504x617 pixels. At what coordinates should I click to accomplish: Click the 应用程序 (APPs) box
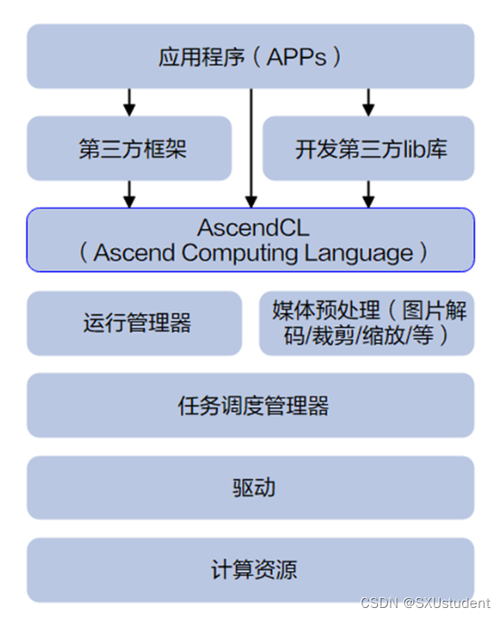click(250, 56)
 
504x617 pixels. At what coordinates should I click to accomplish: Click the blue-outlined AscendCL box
click(250, 240)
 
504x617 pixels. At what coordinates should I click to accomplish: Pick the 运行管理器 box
click(134, 323)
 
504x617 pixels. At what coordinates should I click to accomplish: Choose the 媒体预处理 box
click(367, 323)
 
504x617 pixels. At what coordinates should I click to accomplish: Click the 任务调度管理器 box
click(250, 406)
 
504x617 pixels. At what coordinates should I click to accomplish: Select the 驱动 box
click(250, 488)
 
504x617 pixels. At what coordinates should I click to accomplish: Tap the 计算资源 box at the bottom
click(250, 570)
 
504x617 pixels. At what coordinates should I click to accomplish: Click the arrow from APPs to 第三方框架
click(130, 102)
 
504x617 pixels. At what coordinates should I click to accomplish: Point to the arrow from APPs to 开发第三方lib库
click(368, 102)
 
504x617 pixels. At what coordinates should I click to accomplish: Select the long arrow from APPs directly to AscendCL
click(250, 145)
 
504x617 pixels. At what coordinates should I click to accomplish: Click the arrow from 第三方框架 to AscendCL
click(130, 193)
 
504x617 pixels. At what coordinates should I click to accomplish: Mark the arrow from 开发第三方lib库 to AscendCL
click(368, 193)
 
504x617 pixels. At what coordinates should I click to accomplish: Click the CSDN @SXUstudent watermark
click(424, 602)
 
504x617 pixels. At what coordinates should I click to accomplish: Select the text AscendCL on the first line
click(250, 227)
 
